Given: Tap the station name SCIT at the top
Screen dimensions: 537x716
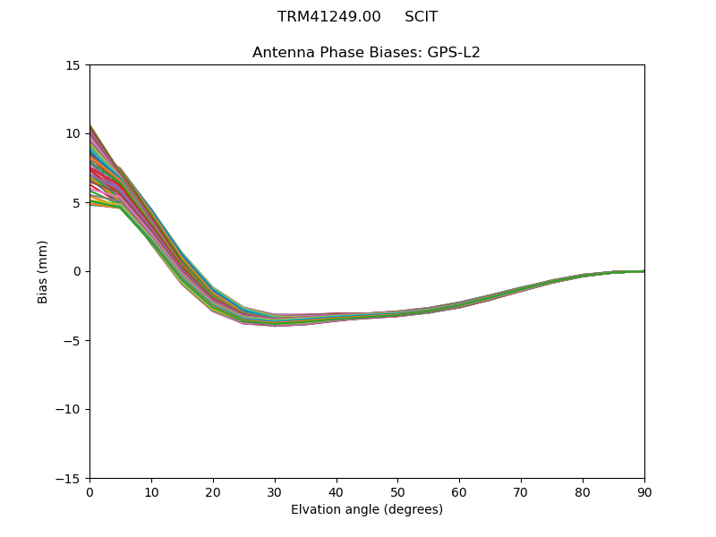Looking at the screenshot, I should click(421, 17).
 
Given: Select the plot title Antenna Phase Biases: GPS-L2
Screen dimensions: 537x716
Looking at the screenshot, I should click(366, 53).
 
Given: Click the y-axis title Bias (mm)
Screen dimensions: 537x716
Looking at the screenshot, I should click(43, 271).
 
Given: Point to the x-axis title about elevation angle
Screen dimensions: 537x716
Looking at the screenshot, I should click(366, 510).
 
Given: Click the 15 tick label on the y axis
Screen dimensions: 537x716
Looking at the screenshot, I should click(72, 65).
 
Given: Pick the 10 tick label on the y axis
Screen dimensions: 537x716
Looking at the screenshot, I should click(72, 134).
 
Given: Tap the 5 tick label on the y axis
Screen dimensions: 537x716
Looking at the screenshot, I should click(76, 203).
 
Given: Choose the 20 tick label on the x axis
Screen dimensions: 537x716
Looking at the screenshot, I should click(213, 492).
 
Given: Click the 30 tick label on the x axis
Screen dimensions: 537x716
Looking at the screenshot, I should click(275, 492).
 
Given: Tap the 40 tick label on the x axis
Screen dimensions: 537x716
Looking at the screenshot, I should click(337, 492).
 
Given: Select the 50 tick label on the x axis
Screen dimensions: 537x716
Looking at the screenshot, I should click(397, 492).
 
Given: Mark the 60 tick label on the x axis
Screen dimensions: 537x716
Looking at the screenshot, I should click(459, 492).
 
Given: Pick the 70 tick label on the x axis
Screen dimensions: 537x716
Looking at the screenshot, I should click(521, 492).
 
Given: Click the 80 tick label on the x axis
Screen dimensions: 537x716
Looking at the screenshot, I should click(583, 492).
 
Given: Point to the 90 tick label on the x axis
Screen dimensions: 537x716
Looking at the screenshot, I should click(644, 492).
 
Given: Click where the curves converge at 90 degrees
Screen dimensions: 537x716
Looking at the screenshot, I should click(644, 271).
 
